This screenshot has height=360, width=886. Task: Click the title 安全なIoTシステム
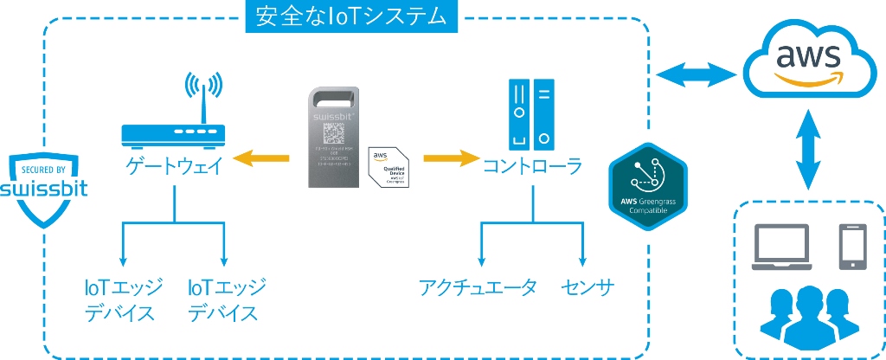[350, 16]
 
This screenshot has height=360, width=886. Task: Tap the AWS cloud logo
[807, 61]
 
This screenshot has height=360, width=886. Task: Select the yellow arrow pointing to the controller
[451, 159]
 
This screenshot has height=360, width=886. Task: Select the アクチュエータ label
[478, 287]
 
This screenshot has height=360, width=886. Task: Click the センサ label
[587, 287]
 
